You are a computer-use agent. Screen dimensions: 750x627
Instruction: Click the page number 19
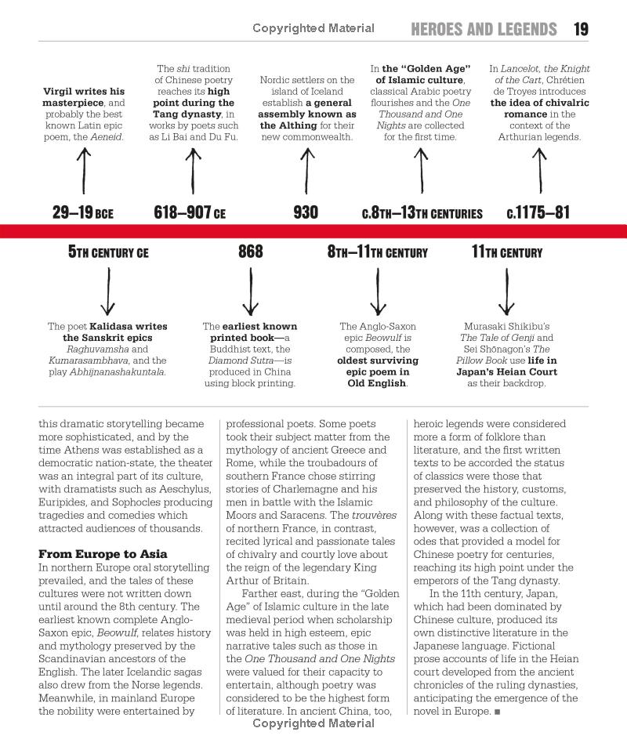pos(581,30)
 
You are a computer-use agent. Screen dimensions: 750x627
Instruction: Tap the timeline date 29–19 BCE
pos(82,212)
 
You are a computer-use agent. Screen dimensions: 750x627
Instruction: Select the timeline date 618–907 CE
pos(190,212)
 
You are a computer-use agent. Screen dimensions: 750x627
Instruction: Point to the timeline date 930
pos(306,212)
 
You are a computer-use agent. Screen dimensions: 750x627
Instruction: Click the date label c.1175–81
pos(538,212)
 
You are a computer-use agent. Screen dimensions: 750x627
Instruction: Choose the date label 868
pos(251,252)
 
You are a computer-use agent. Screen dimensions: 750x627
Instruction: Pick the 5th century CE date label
pos(108,252)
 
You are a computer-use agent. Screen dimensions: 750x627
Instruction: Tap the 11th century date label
pos(506,252)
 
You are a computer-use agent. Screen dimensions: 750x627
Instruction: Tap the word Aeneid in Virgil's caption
pos(106,137)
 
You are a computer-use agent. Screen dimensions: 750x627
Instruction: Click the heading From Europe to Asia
pos(103,554)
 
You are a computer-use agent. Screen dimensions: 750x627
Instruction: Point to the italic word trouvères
pos(373,515)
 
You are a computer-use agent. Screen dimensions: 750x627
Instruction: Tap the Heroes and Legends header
pos(484,30)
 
